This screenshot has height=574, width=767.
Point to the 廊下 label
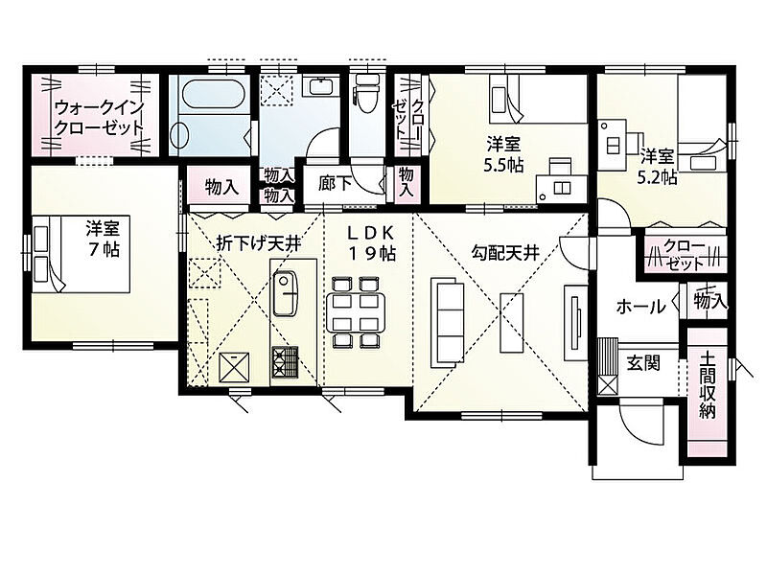tap(335, 183)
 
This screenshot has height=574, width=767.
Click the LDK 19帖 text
tap(372, 243)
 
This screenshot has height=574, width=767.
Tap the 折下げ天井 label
tap(258, 243)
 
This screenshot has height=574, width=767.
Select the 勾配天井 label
tap(505, 252)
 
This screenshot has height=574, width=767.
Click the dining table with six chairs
tap(355, 312)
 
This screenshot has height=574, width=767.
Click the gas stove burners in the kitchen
tap(285, 362)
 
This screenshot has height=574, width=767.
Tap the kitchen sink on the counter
tap(285, 293)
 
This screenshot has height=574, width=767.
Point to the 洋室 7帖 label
tap(103, 239)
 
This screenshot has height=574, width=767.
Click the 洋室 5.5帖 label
tap(503, 155)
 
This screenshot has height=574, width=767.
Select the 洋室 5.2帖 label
tap(657, 167)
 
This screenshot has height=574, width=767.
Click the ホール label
tap(640, 307)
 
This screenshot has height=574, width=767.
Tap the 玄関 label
tap(643, 363)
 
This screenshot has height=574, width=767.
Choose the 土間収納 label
tap(708, 385)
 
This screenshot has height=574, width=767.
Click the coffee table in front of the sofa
tap(512, 322)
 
